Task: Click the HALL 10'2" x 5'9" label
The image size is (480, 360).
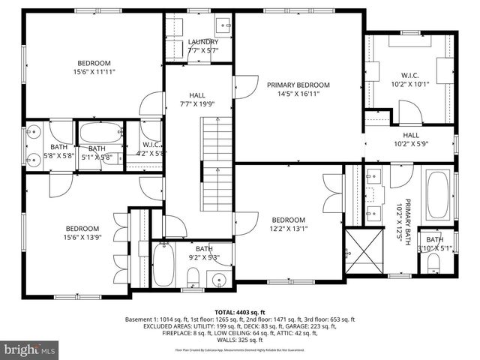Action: coord(409,139)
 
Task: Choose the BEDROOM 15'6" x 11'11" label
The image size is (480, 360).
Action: coord(92,67)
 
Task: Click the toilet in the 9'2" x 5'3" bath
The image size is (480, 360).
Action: coord(192,280)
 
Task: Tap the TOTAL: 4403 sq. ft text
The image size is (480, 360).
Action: coord(239,310)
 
